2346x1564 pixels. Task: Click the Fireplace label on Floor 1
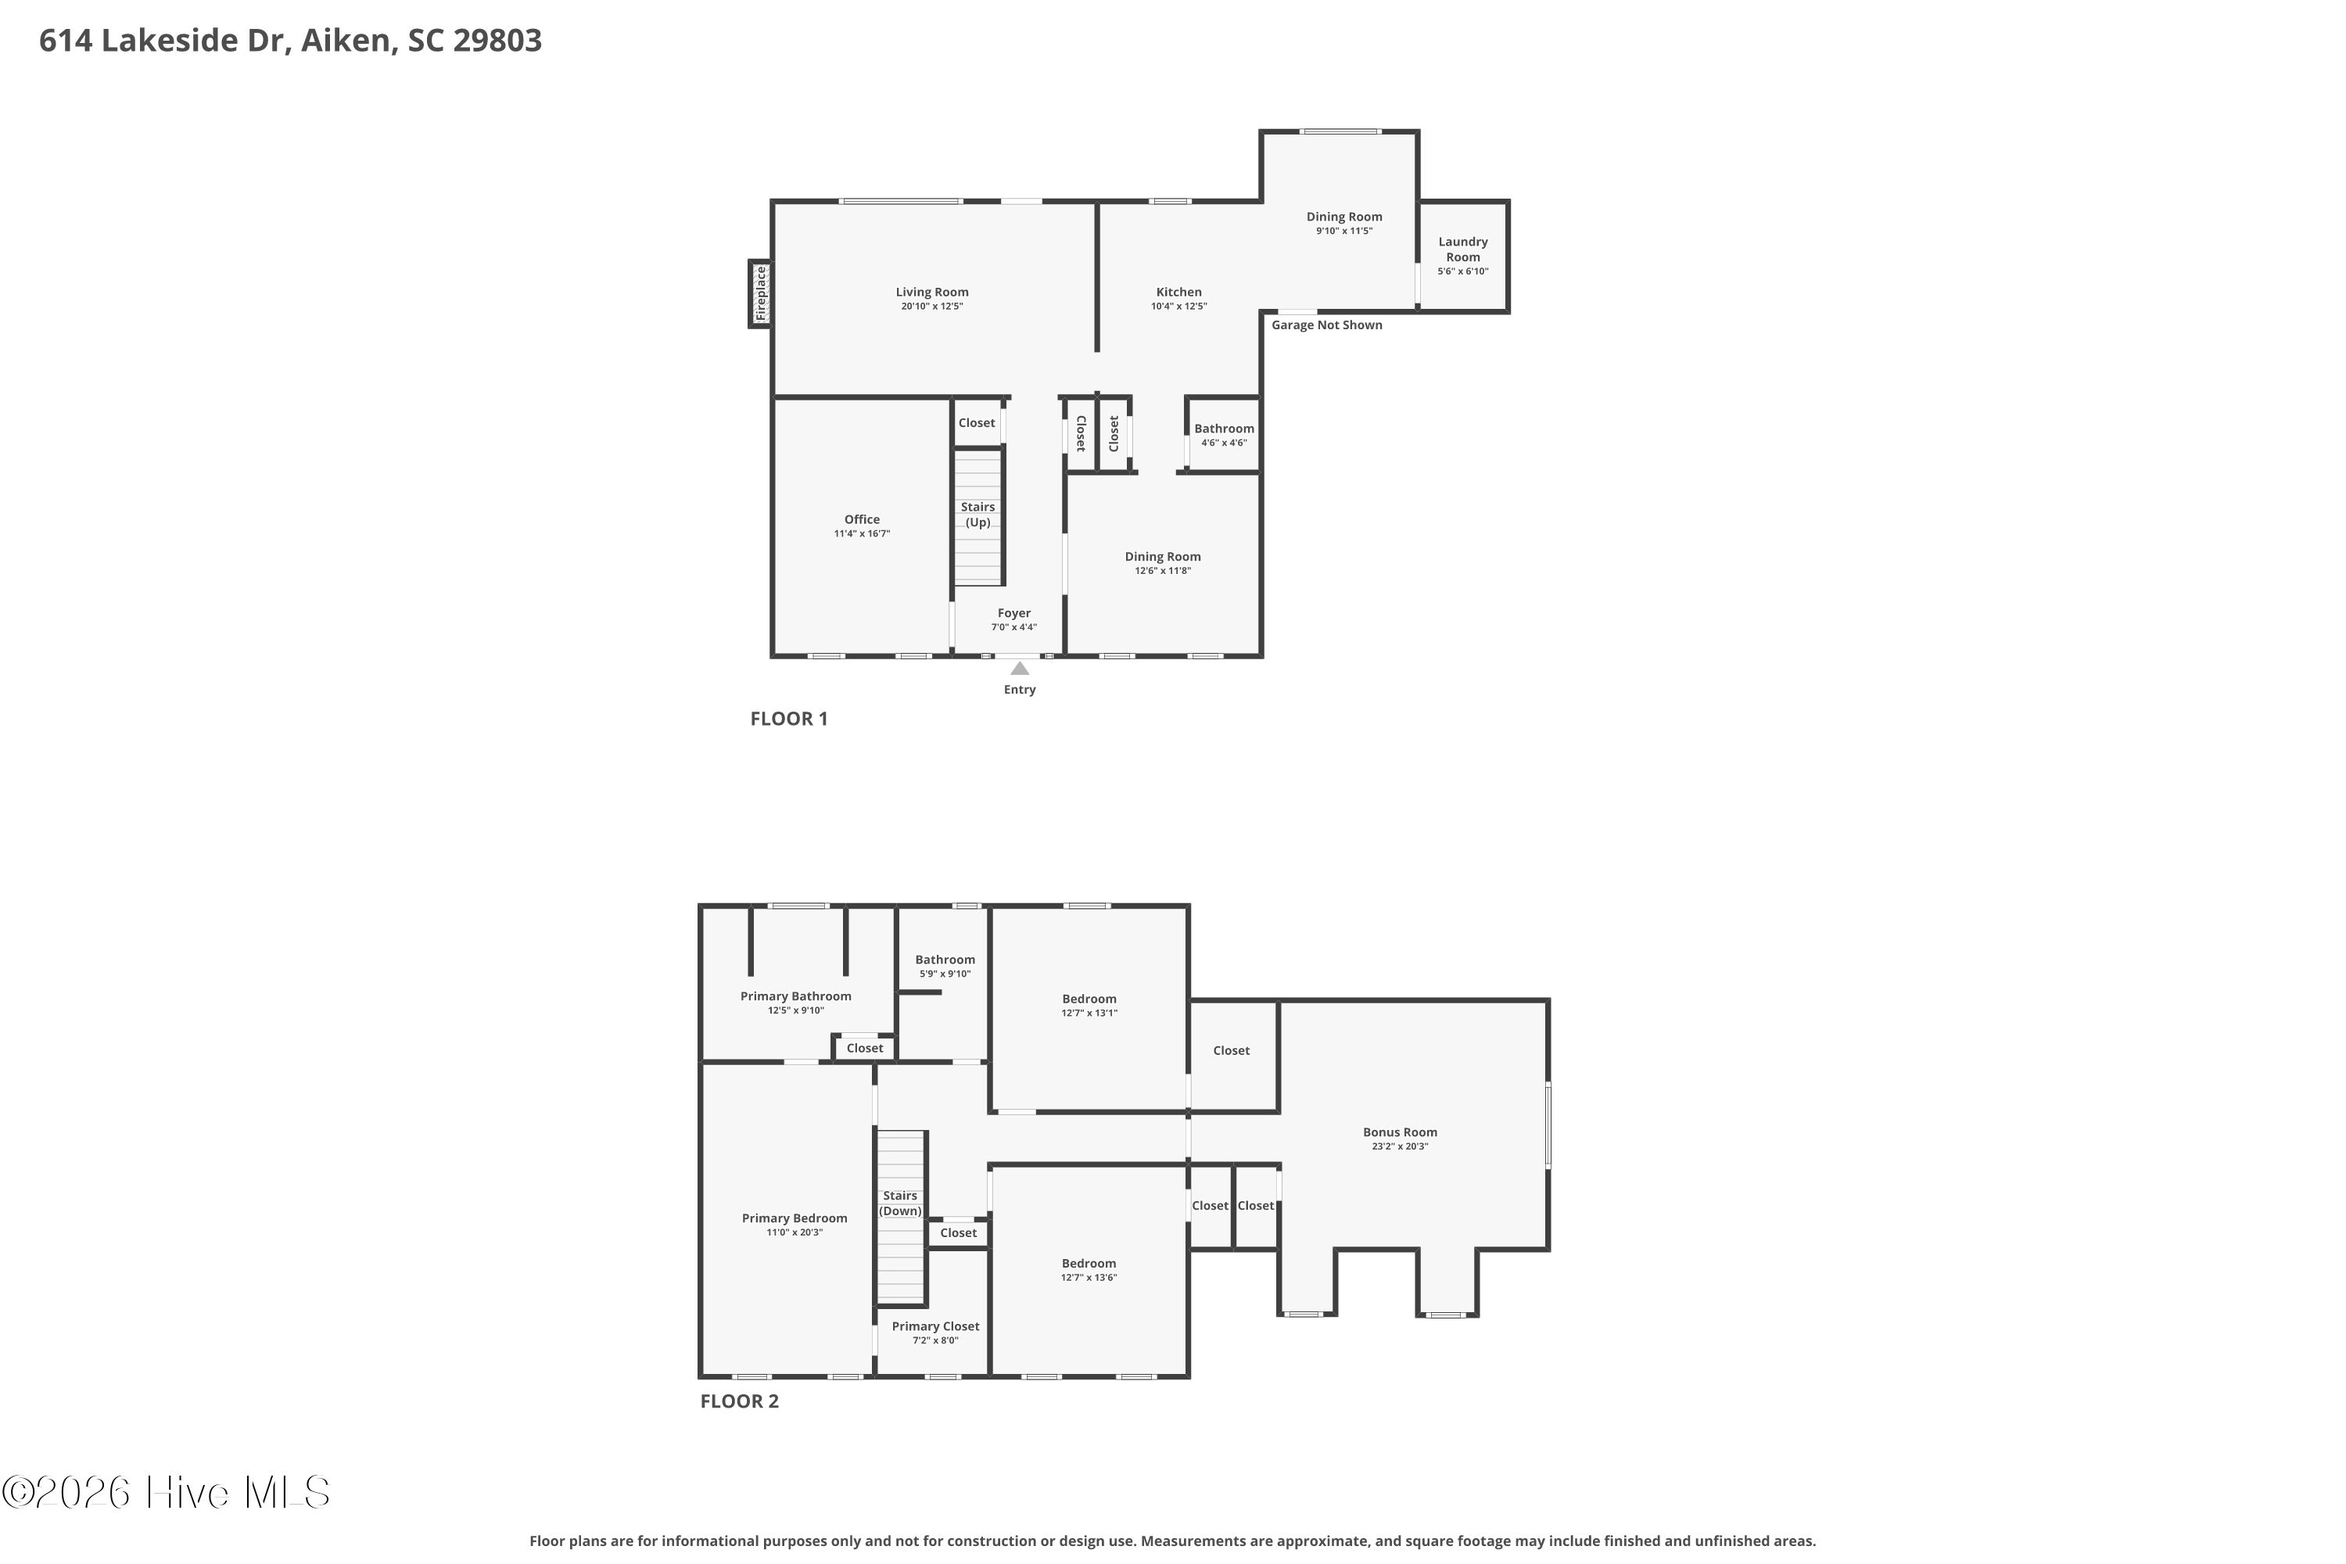(x=761, y=293)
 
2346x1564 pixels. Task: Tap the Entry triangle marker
(x=1020, y=669)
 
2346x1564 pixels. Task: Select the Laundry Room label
(x=1463, y=249)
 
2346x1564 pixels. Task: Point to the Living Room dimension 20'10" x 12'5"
(x=931, y=307)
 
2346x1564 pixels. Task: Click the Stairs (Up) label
(x=977, y=515)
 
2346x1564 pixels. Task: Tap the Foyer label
(x=1013, y=613)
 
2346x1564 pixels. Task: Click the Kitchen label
(x=1179, y=292)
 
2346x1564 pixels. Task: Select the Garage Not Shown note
(x=1326, y=325)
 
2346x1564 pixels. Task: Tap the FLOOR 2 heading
(x=739, y=1401)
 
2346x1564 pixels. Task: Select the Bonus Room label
(x=1401, y=1132)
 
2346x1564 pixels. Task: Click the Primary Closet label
(x=935, y=1325)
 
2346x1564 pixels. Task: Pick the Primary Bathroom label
(x=796, y=995)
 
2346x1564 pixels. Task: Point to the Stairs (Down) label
(x=900, y=1203)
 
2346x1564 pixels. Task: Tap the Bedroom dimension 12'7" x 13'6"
(x=1089, y=1277)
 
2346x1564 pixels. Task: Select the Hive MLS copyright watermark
(x=166, y=1492)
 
